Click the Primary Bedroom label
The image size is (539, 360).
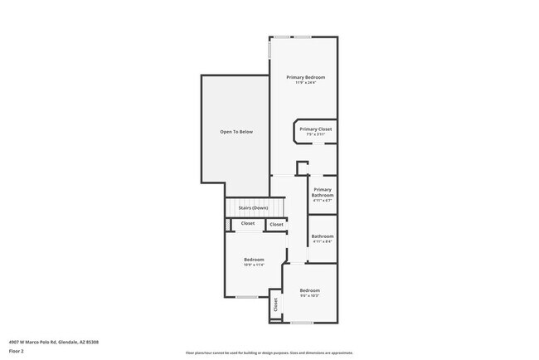(305, 77)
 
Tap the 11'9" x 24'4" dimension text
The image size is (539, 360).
(305, 83)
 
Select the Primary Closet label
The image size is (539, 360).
(316, 129)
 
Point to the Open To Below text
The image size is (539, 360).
(236, 131)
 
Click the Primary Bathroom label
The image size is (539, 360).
(323, 192)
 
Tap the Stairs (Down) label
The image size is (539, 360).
(253, 207)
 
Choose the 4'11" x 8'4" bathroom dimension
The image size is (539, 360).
(323, 241)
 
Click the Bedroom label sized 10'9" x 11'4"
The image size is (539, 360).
(254, 260)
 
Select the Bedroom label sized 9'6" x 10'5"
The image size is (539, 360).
(309, 290)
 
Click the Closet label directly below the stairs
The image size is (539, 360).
(248, 223)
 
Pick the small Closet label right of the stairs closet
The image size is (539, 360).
(276, 224)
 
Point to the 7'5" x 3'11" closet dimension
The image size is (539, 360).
(316, 134)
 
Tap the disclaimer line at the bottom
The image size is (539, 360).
(269, 353)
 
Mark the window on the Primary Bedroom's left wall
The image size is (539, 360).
(269, 51)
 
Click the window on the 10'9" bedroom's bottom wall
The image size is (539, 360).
(246, 297)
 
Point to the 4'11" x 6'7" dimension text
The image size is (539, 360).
(323, 201)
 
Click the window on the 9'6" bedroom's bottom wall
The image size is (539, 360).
(301, 323)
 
